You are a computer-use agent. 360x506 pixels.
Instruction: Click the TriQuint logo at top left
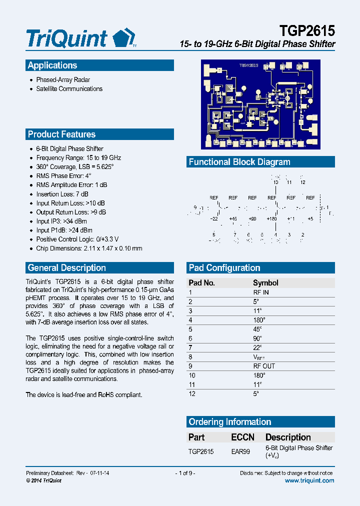click(80, 38)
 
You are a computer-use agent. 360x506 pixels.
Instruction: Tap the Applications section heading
click(52, 65)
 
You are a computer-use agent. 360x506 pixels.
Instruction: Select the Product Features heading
click(61, 134)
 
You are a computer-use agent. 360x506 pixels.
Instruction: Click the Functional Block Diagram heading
click(239, 162)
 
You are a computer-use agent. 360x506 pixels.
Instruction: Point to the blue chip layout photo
click(260, 104)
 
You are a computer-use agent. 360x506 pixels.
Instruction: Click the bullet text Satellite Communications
click(69, 89)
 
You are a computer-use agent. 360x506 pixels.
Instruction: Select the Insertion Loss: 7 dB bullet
click(62, 194)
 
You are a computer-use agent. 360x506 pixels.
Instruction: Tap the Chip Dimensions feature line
click(89, 248)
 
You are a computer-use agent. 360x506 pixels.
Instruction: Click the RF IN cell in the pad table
click(261, 292)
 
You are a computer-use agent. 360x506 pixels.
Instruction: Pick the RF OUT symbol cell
click(264, 366)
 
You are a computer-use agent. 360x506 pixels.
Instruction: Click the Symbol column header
click(265, 283)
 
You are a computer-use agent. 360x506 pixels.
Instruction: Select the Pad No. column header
click(201, 283)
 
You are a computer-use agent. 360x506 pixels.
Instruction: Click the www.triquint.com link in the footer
click(309, 480)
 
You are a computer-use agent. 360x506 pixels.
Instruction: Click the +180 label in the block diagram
click(271, 219)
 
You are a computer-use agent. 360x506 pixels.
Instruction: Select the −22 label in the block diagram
click(214, 219)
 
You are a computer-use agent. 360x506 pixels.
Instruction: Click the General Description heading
click(66, 268)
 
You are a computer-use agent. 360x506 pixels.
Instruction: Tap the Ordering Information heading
click(229, 422)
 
